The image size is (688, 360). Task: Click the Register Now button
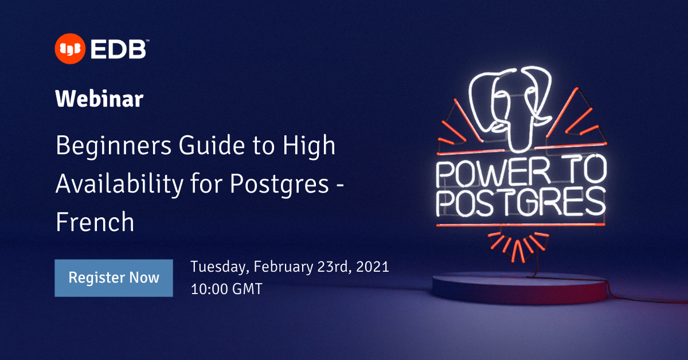click(x=114, y=278)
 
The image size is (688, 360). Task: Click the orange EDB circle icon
click(x=69, y=49)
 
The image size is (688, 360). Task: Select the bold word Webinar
click(x=99, y=99)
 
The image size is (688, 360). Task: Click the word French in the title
click(x=95, y=222)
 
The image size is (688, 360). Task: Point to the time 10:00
click(x=209, y=289)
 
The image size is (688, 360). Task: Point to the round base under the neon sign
click(x=519, y=287)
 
